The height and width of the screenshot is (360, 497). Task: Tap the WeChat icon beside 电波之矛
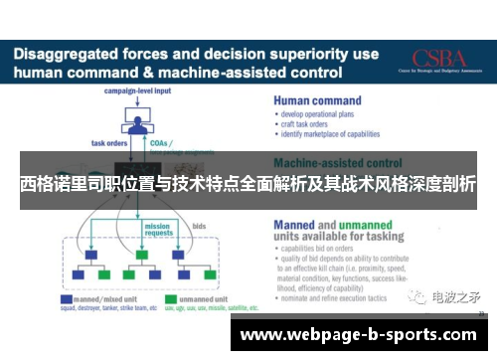tap(420, 296)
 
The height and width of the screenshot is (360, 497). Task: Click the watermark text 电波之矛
tap(457, 296)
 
